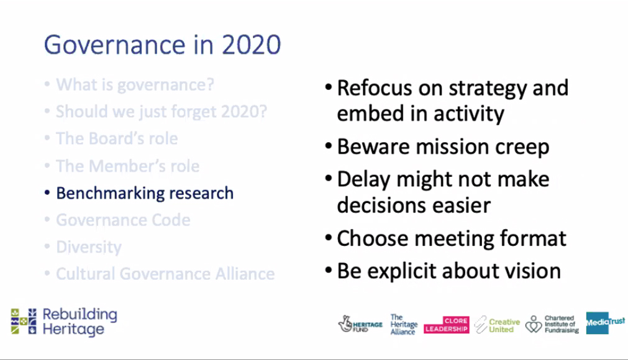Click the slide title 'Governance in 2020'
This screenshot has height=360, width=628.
(162, 45)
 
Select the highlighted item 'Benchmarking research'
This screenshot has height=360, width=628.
(145, 193)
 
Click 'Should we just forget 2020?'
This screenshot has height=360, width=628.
(162, 112)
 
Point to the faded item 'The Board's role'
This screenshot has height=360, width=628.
(117, 138)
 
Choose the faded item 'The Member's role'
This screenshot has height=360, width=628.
(127, 166)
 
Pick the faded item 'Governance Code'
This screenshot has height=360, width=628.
(123, 220)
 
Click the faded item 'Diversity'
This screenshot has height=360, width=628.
(89, 247)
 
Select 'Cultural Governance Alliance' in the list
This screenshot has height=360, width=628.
(165, 274)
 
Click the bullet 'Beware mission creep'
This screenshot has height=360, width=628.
(443, 147)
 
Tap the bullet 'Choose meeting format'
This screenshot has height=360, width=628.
(451, 238)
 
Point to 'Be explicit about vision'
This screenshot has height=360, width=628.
(448, 271)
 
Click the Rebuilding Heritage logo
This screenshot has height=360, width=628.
(64, 322)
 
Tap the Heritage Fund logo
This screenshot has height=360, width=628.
(361, 324)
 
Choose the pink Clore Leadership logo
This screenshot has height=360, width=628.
(447, 325)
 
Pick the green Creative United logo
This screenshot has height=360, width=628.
(497, 325)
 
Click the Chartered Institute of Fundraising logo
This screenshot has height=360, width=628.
(552, 324)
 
